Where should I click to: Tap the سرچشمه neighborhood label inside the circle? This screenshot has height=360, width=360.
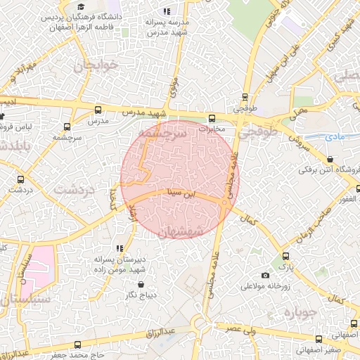click(162, 132)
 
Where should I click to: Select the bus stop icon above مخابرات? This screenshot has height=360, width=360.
click(212, 118)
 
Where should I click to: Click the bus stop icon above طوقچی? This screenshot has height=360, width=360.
click(245, 98)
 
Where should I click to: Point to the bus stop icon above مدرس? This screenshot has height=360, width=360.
click(98, 110)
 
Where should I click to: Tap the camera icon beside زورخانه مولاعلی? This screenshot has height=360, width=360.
click(264, 275)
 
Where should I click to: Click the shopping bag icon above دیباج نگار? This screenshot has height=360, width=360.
click(142, 285)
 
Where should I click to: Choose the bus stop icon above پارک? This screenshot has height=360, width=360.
click(285, 257)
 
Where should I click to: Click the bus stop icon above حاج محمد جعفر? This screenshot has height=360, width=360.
click(77, 345)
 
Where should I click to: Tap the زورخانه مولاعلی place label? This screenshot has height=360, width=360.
click(266, 286)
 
